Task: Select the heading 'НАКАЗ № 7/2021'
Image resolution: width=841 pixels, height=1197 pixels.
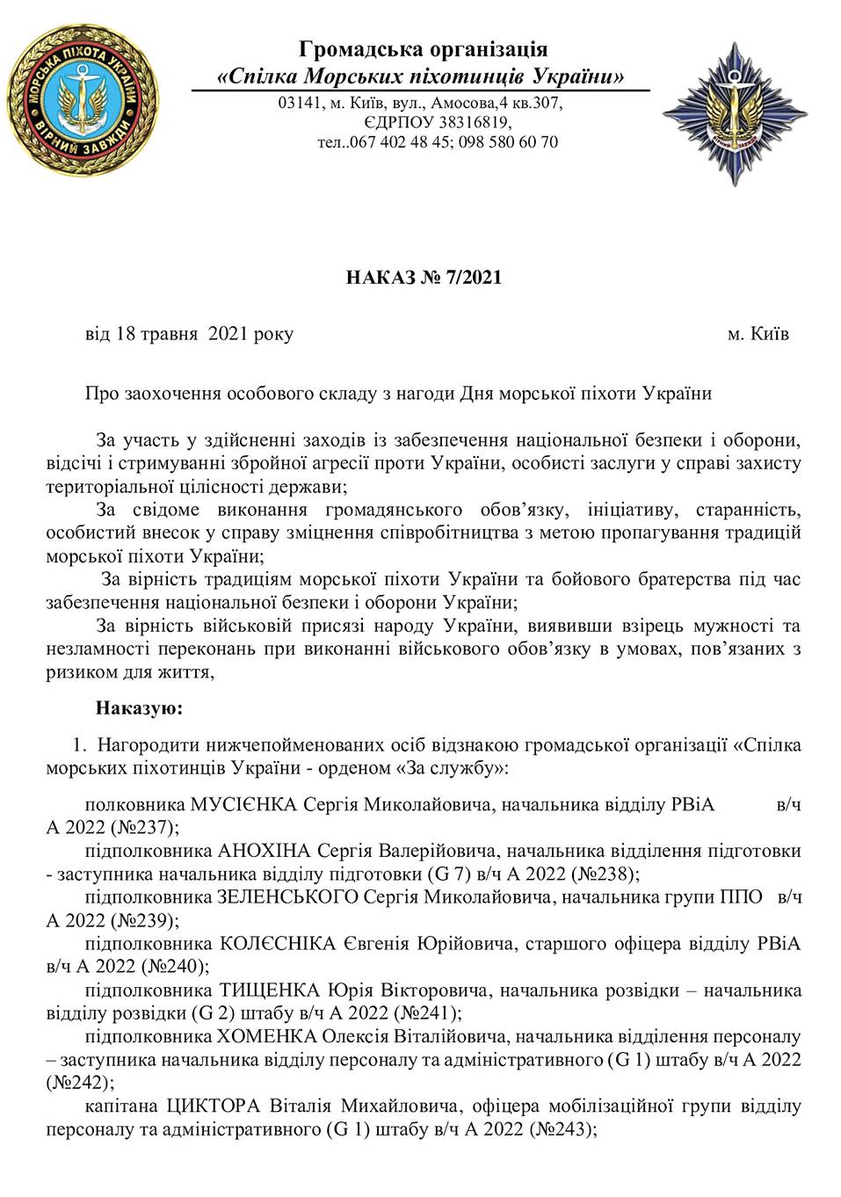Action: (423, 279)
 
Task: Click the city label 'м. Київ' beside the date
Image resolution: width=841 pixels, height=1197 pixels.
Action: (758, 335)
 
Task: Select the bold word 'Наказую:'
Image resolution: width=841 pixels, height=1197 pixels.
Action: (139, 707)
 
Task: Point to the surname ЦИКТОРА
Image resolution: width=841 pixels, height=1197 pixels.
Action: (237, 1106)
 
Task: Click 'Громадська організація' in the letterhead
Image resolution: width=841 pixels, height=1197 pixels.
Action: (423, 48)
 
